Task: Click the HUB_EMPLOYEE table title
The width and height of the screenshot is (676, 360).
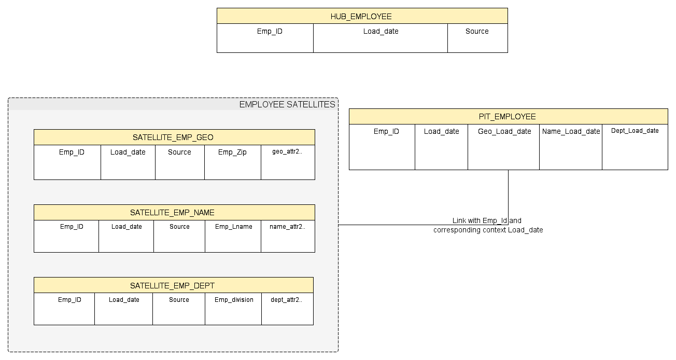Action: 361,16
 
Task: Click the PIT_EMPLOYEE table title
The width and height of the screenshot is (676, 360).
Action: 508,117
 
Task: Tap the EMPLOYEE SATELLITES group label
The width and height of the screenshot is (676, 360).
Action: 287,105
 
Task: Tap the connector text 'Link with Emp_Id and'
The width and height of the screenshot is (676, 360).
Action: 486,221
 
